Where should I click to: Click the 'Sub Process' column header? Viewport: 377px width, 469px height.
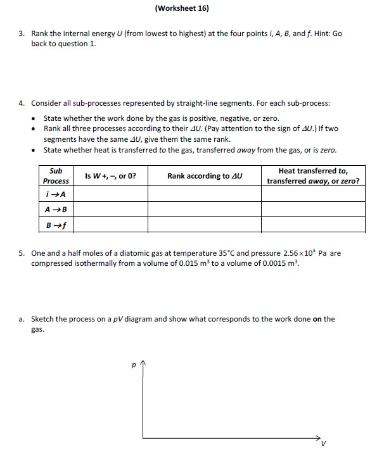point(56,175)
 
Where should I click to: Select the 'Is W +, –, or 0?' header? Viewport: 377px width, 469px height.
point(110,175)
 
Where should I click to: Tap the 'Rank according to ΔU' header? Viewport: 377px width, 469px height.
point(205,175)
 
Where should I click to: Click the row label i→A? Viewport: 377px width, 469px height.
point(56,194)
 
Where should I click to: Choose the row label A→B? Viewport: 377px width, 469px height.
point(56,209)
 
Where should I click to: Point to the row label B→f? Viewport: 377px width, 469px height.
point(56,225)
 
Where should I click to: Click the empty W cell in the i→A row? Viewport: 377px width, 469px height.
point(110,194)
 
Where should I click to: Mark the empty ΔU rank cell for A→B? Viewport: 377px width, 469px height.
point(205,209)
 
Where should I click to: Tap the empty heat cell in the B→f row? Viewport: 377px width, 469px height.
point(313,225)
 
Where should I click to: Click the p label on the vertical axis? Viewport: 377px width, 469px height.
point(133,365)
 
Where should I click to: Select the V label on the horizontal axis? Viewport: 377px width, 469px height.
point(324,443)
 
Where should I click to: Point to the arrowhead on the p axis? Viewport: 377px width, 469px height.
point(144,363)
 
